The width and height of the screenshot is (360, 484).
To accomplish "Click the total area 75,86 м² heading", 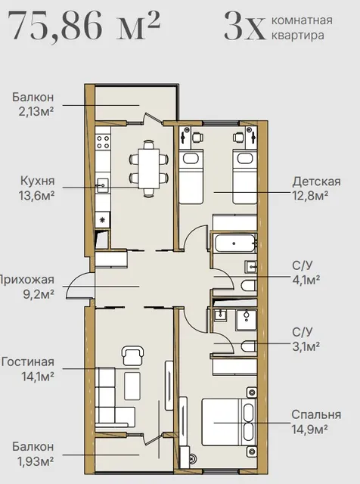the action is (82, 25).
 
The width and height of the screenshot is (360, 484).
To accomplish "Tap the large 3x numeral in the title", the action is (244, 26).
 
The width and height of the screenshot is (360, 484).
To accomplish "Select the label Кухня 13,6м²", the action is (37, 188).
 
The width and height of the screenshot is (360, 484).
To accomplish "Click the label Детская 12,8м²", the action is (316, 188).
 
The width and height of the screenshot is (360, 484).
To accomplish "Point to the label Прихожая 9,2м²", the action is (27, 287).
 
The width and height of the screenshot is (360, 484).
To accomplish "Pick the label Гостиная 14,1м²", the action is (28, 369).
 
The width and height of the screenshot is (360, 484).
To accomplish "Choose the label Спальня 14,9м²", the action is (316, 421).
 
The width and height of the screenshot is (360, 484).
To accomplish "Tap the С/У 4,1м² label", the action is (306, 272).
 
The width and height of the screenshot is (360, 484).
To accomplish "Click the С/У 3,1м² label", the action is (306, 340).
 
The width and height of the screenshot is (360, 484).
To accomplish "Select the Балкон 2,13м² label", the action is (33, 104).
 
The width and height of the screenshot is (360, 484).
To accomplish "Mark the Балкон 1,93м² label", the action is (33, 454).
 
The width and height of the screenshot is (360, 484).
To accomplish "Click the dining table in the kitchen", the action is (149, 169).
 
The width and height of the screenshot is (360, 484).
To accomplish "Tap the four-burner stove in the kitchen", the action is (103, 141).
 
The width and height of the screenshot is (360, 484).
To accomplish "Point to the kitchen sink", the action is (103, 185).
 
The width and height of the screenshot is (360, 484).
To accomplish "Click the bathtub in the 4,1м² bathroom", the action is (234, 244).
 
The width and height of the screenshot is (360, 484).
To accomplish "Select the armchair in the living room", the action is (133, 355).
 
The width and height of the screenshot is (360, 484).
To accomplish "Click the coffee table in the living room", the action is (132, 386).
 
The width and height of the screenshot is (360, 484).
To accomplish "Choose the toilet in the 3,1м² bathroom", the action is (249, 346).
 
